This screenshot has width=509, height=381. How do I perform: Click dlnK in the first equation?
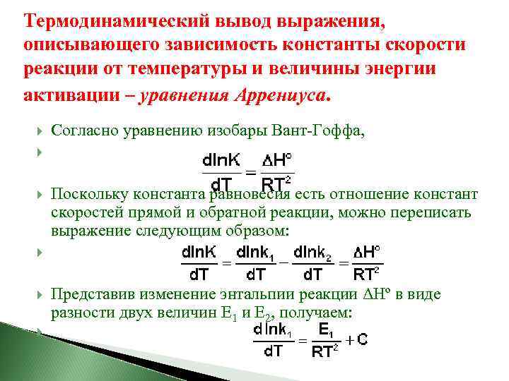tap(221, 159)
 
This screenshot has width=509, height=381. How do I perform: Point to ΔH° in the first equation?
tap(277, 159)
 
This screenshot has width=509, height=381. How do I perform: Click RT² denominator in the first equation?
tap(277, 185)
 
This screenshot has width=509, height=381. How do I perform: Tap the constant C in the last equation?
tap(362, 339)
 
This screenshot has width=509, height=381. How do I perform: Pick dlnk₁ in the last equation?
tap(274, 329)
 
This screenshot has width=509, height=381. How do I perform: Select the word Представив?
tap(87, 295)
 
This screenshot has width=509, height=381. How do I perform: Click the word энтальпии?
tap(288, 295)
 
